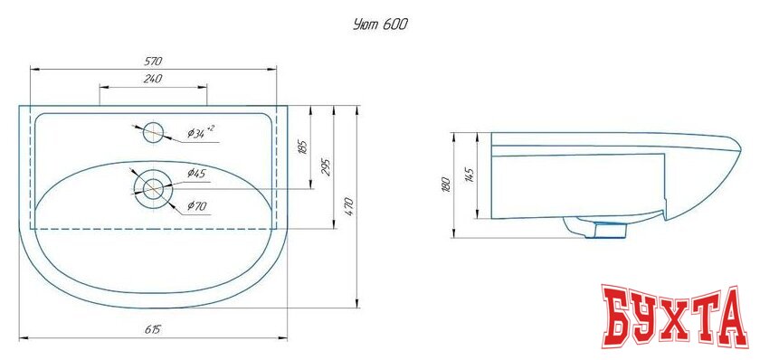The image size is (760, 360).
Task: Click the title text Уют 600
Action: pos(381,24)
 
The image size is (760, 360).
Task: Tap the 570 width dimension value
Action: pos(153,61)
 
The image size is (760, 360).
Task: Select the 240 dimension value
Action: pos(153,80)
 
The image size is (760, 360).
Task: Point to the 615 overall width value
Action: pos(153,330)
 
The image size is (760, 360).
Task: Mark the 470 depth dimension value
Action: pos(351,207)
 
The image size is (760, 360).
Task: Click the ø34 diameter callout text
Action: pos(200,132)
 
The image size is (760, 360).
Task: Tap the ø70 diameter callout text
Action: pos(197,207)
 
